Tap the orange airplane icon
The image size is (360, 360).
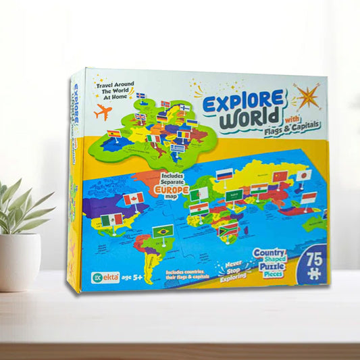click(103, 112)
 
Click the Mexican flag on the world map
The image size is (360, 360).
click(111, 220)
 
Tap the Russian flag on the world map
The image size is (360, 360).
click(224, 176)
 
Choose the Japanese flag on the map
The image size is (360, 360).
click(303, 174)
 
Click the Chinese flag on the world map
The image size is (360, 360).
click(279, 177)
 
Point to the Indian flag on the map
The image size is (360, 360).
click(259, 189)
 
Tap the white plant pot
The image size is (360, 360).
click(19, 260)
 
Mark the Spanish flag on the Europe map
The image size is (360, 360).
click(115, 134)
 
